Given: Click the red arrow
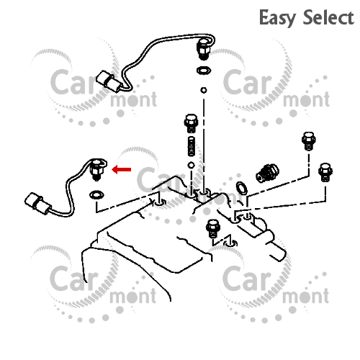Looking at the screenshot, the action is click(x=122, y=169).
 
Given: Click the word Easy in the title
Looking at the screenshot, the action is click(x=277, y=18).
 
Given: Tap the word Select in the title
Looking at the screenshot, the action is click(x=328, y=17).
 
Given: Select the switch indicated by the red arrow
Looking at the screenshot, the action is click(x=97, y=170).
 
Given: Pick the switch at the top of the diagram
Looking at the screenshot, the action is click(x=204, y=49).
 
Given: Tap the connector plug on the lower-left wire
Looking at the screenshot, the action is click(x=37, y=204).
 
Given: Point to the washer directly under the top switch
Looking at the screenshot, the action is click(x=204, y=71).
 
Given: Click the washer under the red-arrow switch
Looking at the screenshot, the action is click(x=96, y=195).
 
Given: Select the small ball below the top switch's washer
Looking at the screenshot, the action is click(x=204, y=90).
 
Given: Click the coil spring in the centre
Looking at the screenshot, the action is click(x=192, y=146).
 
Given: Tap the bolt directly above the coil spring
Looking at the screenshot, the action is click(x=192, y=124).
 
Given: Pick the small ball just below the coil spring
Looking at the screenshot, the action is click(x=192, y=166).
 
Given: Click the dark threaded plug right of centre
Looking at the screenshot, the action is click(x=267, y=173).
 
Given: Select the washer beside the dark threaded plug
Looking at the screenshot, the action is click(x=241, y=188).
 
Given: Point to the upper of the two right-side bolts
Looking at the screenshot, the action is click(x=309, y=141).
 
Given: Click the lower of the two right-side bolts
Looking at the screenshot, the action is click(x=325, y=172).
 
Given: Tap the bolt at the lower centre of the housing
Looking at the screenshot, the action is click(x=213, y=228).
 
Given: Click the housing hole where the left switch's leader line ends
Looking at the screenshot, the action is click(x=160, y=202).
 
